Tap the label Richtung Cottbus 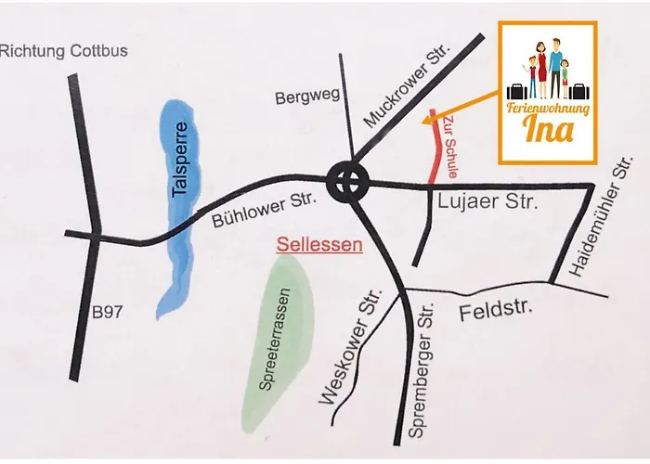tap(64, 51)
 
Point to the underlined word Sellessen tap(318, 247)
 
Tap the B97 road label tap(110, 313)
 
